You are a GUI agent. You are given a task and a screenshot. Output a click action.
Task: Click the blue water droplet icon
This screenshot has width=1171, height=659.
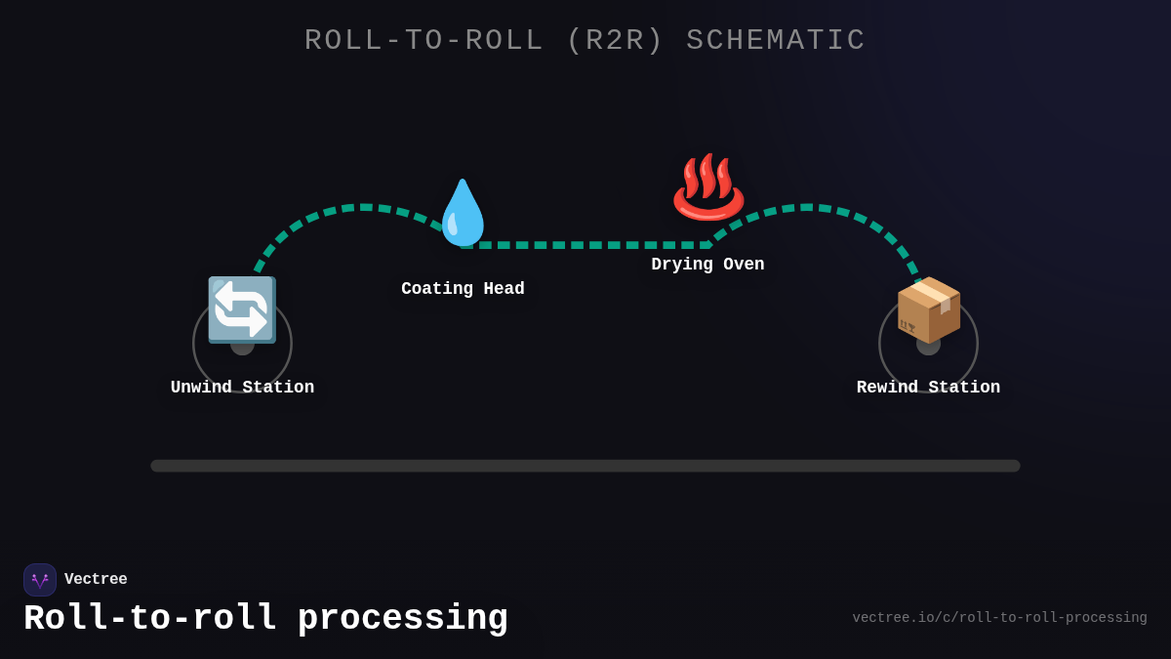(x=463, y=213)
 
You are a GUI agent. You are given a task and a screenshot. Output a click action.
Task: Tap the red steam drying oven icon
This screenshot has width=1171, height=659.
(x=707, y=186)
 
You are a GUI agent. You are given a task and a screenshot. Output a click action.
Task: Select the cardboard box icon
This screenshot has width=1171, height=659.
(x=928, y=309)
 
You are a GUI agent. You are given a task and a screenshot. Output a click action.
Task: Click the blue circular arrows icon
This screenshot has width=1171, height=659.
(x=242, y=309)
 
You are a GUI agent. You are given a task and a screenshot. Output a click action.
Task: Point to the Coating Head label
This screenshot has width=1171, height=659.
(x=463, y=289)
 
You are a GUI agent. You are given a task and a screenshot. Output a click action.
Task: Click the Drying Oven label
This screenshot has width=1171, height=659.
(x=707, y=265)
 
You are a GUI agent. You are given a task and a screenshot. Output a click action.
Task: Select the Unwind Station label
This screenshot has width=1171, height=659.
(x=242, y=388)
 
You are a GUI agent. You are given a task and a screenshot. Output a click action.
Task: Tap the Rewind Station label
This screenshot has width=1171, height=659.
(x=928, y=388)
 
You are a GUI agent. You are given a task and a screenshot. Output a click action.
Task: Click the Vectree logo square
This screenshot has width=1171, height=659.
(x=40, y=580)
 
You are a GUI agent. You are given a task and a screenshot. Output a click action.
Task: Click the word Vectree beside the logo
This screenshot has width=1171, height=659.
(x=96, y=580)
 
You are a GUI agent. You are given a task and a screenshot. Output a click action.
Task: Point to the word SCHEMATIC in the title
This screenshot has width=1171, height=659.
(x=776, y=41)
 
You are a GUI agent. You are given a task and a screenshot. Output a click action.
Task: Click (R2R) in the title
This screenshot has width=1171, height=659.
(x=615, y=41)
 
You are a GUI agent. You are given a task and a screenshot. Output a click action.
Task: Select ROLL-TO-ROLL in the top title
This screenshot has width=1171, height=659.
(x=424, y=41)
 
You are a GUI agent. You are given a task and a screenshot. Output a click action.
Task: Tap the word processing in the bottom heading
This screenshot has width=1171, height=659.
(x=402, y=619)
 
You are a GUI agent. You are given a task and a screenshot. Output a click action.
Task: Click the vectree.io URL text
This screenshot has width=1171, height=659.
(x=999, y=618)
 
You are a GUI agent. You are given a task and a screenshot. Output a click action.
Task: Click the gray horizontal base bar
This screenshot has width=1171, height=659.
(x=585, y=466)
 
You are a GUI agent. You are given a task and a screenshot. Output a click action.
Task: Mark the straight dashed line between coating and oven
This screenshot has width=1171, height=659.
(x=585, y=245)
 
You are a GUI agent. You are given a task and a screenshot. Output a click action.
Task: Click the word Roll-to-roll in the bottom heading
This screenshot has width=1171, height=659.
(x=150, y=619)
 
